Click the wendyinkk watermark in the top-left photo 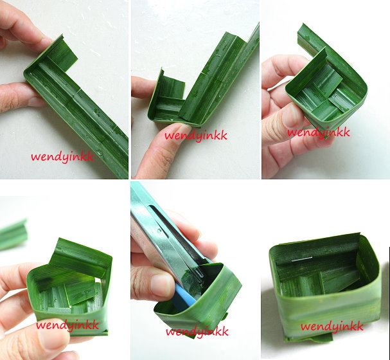[62, 157]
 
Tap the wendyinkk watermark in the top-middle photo [196, 136]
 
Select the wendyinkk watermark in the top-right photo [319, 132]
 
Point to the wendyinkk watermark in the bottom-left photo [67, 325]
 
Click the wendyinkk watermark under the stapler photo [197, 331]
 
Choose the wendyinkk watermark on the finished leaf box [332, 327]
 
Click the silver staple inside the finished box [302, 259]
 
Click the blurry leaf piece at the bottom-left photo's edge [13, 235]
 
